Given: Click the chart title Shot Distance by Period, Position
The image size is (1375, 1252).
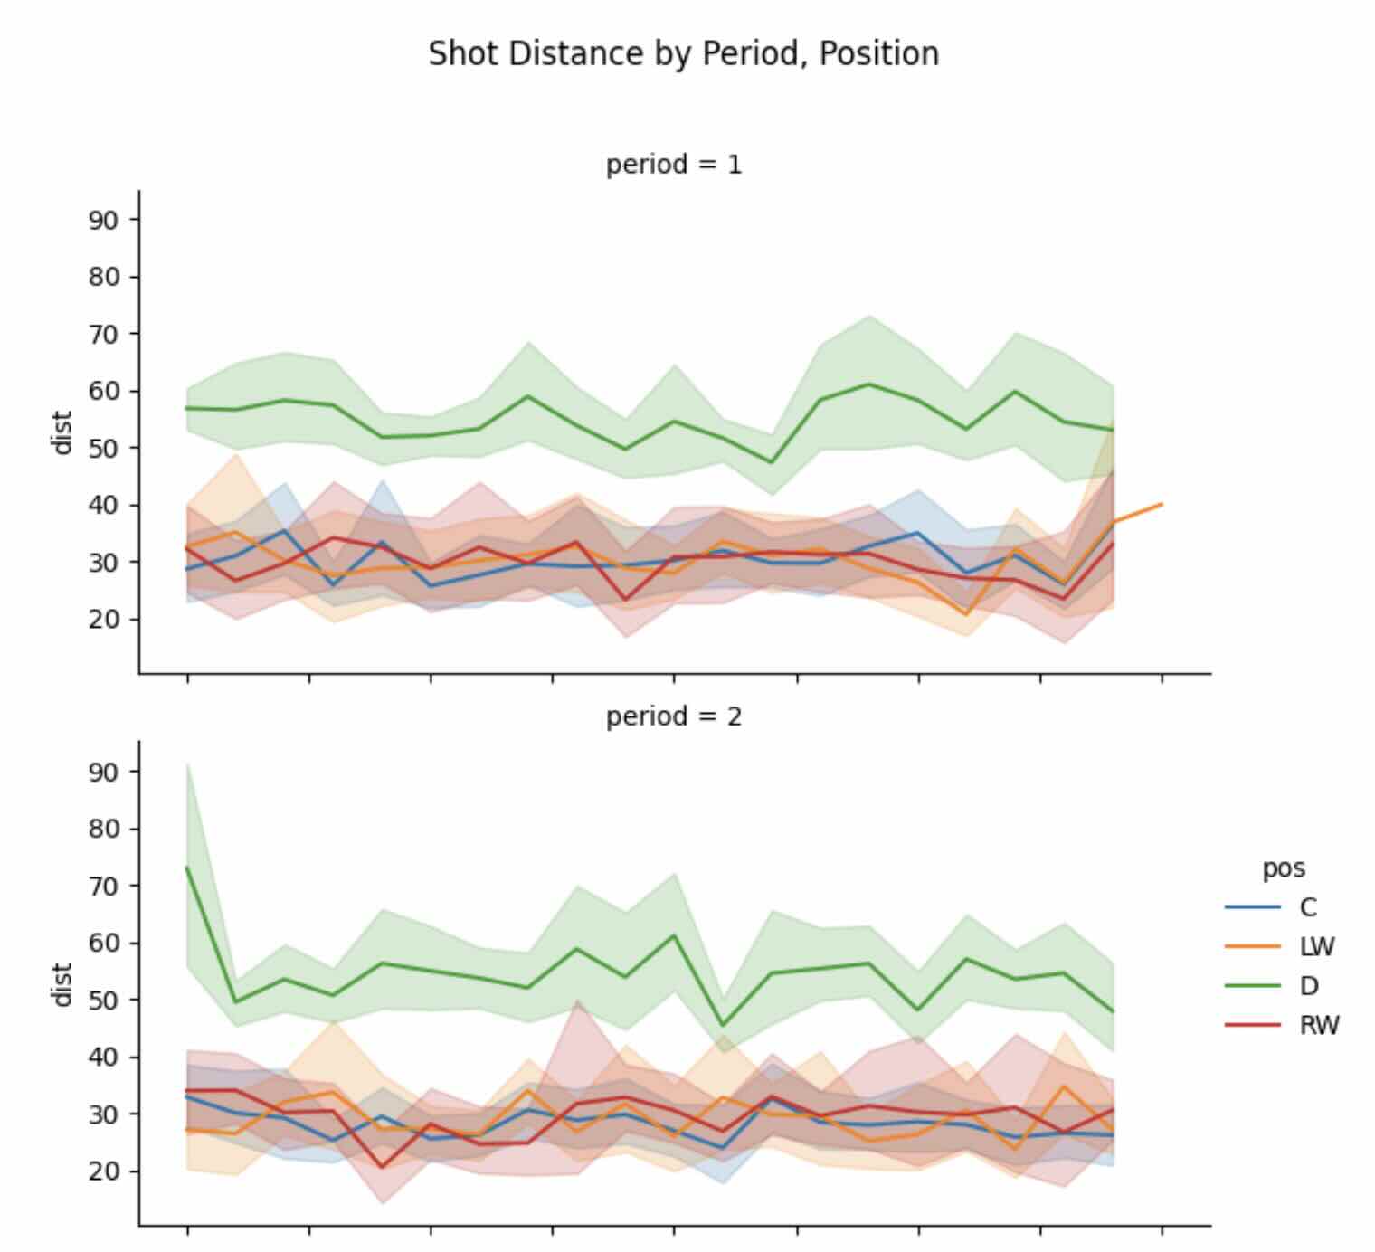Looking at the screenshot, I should pos(683,53).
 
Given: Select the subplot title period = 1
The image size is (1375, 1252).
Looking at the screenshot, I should pos(674,165).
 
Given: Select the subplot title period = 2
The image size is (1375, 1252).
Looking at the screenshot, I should pos(674,716).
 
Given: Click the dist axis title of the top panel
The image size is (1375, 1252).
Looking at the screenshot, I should pos(62,432).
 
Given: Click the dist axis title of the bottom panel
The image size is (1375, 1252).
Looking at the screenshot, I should pos(62,984).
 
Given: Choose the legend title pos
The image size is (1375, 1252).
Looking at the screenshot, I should pos(1284,868).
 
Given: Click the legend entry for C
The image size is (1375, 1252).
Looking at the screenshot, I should pos(1308,907).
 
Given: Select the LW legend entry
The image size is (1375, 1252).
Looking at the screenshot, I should pos(1316,946).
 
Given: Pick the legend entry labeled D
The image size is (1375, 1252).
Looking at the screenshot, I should pos(1308,986).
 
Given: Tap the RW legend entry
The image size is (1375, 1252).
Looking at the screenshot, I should pos(1318,1025).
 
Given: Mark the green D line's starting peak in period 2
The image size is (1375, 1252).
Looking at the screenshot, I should pos(187,868).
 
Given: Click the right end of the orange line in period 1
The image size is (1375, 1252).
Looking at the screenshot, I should pos(1162,504).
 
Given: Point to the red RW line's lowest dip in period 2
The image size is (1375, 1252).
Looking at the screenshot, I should pos(382,1167).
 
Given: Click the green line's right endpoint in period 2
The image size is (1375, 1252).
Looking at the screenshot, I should pos(1113,1011).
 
